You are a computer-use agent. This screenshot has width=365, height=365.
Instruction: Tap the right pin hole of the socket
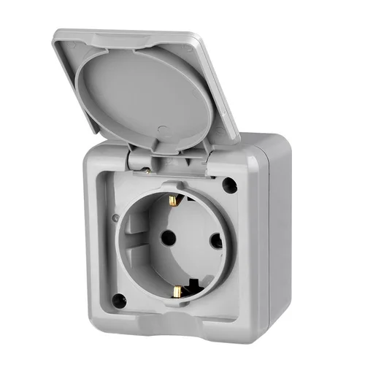[215, 241]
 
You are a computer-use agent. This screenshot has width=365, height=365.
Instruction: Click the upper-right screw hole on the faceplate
[231, 185]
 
